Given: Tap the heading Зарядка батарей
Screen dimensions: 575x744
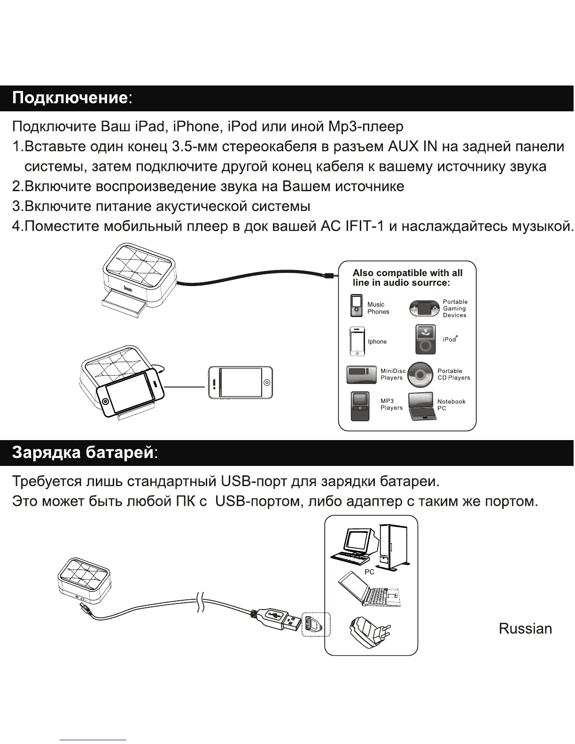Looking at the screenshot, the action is pyautogui.click(x=83, y=452).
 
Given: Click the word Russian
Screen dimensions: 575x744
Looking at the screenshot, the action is pyautogui.click(x=525, y=628).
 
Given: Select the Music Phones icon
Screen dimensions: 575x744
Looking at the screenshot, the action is pyautogui.click(x=357, y=306).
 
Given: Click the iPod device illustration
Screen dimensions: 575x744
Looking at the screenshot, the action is pyautogui.click(x=426, y=339).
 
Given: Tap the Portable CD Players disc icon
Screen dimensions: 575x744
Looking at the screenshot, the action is pyautogui.click(x=420, y=374).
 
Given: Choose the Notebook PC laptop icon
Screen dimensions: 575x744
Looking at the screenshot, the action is pyautogui.click(x=422, y=405).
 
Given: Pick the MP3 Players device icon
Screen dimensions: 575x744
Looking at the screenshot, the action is pyautogui.click(x=360, y=406).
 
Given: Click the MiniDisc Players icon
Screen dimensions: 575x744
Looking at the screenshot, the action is pyautogui.click(x=361, y=375).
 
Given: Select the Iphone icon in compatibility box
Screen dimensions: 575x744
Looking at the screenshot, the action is pyautogui.click(x=357, y=341).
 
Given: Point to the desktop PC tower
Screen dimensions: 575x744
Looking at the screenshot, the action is pyautogui.click(x=395, y=547).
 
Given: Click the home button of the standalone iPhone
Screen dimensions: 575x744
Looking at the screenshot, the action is pyautogui.click(x=266, y=382).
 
